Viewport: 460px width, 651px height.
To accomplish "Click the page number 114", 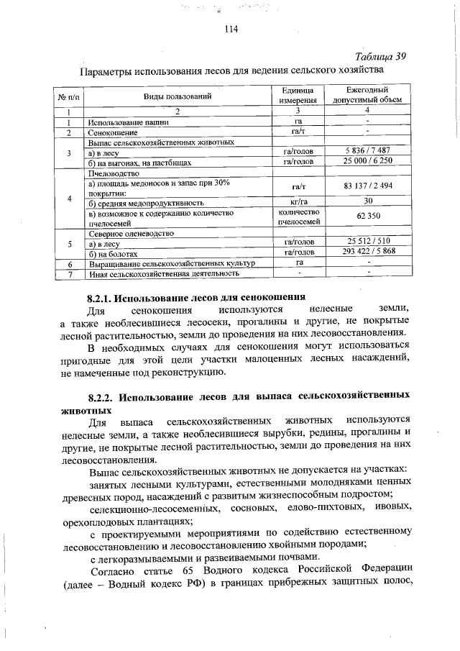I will pos(231,29).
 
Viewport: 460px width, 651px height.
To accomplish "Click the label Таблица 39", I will pos(381,57).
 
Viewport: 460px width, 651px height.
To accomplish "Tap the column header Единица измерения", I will pos(295,96).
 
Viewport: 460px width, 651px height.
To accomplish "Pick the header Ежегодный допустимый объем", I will pos(367,96).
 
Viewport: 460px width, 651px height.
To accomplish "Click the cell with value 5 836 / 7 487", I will pos(367,152).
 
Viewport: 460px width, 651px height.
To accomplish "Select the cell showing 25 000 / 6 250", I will pos(367,163).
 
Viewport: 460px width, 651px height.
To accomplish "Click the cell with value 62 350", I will pos(367,217).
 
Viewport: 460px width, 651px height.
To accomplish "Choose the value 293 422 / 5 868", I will pos(367,253).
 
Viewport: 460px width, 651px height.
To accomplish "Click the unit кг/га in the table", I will pos(295,201).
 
